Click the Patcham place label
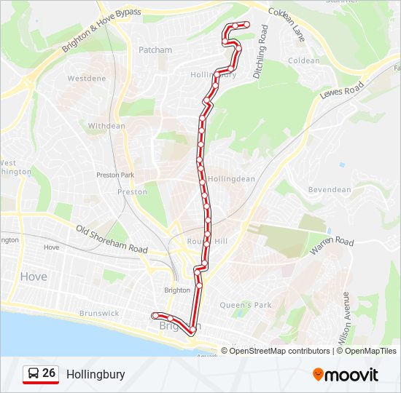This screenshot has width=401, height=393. (155, 50)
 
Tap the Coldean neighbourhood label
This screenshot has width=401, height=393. (304, 61)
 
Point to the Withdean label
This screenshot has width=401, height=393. (106, 126)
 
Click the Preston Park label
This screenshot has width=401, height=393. (115, 175)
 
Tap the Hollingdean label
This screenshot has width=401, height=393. (231, 179)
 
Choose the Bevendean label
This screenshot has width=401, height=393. (330, 190)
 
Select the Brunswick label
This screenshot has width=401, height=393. (100, 314)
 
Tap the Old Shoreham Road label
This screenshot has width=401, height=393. (112, 239)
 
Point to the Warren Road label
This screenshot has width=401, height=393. (332, 246)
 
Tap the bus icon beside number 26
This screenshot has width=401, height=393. (33, 374)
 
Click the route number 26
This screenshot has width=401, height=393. (49, 373)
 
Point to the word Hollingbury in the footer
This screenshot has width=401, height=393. (96, 375)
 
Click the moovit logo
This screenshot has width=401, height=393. (346, 375)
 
